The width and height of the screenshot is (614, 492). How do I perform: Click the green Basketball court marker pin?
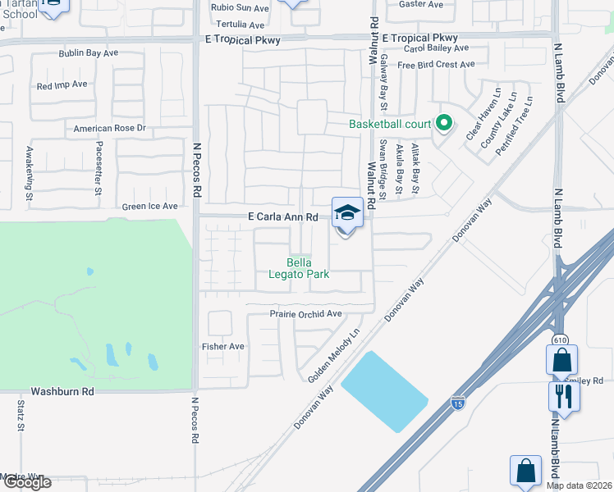point(444,124)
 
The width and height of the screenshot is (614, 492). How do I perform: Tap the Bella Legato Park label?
point(299,268)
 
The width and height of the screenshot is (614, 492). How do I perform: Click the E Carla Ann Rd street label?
point(282,217)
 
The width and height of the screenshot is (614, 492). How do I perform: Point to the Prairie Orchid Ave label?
point(305,314)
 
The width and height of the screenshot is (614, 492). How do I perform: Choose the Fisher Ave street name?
point(223,347)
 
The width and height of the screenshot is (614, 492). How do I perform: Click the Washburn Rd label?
point(62,392)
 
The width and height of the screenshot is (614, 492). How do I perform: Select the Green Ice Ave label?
point(149,207)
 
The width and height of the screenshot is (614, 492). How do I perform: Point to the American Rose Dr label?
point(109,129)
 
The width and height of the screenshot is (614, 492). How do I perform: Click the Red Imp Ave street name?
point(62,85)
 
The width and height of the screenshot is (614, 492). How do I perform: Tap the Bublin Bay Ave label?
point(89,53)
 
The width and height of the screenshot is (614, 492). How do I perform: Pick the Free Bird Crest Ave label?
point(436,65)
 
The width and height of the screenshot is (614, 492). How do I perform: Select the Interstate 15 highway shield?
point(456,402)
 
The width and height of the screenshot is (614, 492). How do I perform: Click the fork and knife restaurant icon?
point(564,397)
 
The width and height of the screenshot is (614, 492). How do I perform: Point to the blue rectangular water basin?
point(384,391)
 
